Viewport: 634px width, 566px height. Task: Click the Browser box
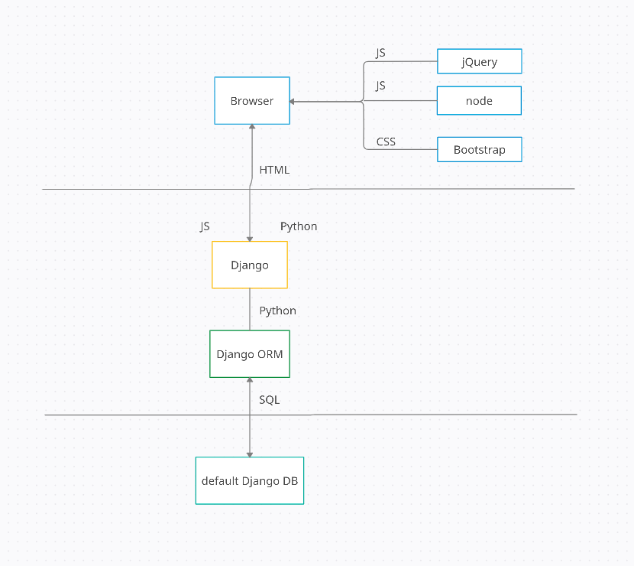[251, 101]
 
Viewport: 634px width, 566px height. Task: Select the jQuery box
[479, 61]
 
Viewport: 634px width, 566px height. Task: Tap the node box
[479, 101]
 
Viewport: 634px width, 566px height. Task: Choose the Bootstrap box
[479, 150]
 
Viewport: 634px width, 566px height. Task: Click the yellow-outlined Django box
[250, 265]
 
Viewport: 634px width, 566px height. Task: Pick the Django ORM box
[250, 354]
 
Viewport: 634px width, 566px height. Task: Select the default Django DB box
[250, 480]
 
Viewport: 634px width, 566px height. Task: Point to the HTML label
[274, 170]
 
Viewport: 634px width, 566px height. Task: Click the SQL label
[269, 399]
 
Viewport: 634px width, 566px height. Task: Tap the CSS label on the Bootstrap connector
[386, 141]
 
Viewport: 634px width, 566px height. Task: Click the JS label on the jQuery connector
[380, 53]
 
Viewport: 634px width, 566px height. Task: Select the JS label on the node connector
[380, 86]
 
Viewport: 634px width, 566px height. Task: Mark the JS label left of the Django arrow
[205, 226]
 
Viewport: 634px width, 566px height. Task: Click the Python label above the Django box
[299, 226]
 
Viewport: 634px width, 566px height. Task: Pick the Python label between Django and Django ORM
[277, 311]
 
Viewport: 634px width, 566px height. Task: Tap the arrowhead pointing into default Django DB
[250, 454]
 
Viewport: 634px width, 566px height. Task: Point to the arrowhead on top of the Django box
[250, 238]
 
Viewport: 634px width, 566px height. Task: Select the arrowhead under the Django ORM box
[250, 381]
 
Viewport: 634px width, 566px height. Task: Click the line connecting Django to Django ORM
[250, 309]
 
